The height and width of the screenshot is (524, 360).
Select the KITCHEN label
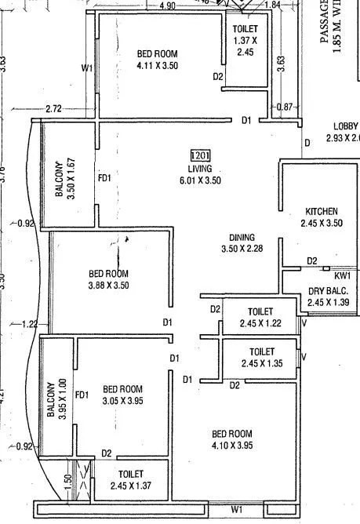(322, 212)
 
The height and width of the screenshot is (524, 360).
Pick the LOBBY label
(346, 126)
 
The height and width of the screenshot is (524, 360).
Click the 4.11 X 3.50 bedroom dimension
(158, 65)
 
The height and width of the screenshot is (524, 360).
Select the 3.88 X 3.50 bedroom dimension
(108, 286)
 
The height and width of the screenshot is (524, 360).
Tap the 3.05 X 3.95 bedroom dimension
(122, 401)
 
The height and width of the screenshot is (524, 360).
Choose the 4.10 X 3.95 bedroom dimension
(231, 446)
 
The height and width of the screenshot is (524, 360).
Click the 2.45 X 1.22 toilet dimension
(260, 323)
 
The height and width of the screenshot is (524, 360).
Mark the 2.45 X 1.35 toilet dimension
(260, 363)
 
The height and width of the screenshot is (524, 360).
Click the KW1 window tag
(342, 275)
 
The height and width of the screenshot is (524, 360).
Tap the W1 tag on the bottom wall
(237, 511)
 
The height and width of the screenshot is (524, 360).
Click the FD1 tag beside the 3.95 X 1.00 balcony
(81, 395)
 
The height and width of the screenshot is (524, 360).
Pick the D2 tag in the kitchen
(312, 260)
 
